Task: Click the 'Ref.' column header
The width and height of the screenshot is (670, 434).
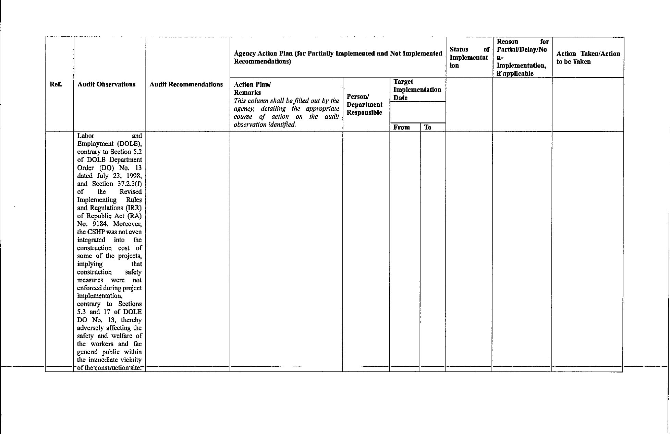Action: [x=56, y=84]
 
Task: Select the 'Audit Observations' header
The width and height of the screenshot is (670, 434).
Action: [x=107, y=84]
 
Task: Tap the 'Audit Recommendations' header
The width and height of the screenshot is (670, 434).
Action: [x=186, y=84]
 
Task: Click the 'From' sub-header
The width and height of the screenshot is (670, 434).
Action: [x=402, y=127]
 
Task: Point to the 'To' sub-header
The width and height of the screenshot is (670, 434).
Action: [x=428, y=127]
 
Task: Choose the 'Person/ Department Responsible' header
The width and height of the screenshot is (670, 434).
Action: [x=365, y=105]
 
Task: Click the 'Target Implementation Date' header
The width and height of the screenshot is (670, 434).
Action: [x=417, y=90]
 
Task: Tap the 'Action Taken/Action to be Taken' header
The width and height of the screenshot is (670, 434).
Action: [x=588, y=58]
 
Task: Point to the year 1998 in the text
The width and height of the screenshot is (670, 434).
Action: [x=134, y=176]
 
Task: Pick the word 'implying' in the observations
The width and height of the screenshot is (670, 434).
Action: [x=90, y=264]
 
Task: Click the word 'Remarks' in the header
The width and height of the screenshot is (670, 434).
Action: [x=247, y=93]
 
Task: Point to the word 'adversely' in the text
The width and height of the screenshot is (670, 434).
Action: [x=90, y=328]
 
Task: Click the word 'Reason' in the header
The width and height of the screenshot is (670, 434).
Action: [x=508, y=42]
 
